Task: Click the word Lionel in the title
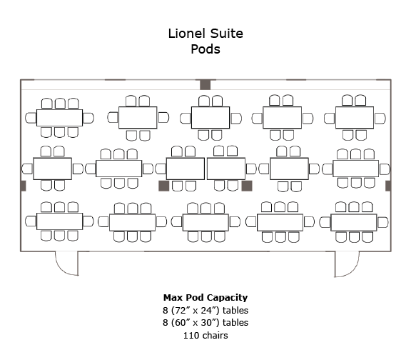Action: (x=187, y=34)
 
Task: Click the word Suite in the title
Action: (x=227, y=34)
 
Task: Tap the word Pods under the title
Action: (x=205, y=49)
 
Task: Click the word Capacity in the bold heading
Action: (x=229, y=298)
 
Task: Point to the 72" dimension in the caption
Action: (x=181, y=311)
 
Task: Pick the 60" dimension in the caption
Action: (x=181, y=322)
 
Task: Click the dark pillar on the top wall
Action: (x=205, y=84)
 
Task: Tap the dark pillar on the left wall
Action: (x=24, y=186)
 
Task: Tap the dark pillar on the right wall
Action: (x=388, y=186)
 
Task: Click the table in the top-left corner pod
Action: (x=59, y=118)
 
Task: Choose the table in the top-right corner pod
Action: (x=355, y=118)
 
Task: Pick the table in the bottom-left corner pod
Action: (x=59, y=221)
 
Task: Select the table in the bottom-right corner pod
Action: (x=354, y=223)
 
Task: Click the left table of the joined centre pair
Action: (x=186, y=169)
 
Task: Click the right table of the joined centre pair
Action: (x=226, y=169)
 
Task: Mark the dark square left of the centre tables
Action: (x=164, y=186)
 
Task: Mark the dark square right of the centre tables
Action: (x=247, y=186)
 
